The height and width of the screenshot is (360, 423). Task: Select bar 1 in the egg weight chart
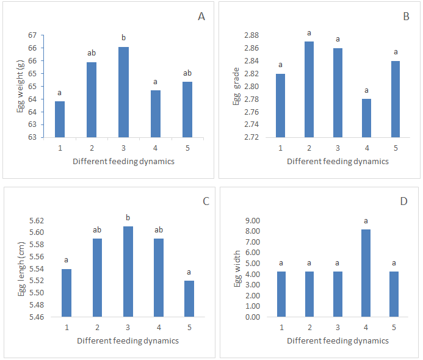[60, 119]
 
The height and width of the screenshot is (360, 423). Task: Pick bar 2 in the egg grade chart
[309, 89]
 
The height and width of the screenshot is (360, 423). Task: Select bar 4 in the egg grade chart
[367, 118]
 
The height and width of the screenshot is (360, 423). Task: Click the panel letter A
[201, 16]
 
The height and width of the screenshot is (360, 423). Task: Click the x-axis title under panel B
[338, 162]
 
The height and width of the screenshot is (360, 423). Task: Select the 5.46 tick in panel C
[36, 317]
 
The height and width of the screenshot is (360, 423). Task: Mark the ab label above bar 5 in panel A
[187, 73]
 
